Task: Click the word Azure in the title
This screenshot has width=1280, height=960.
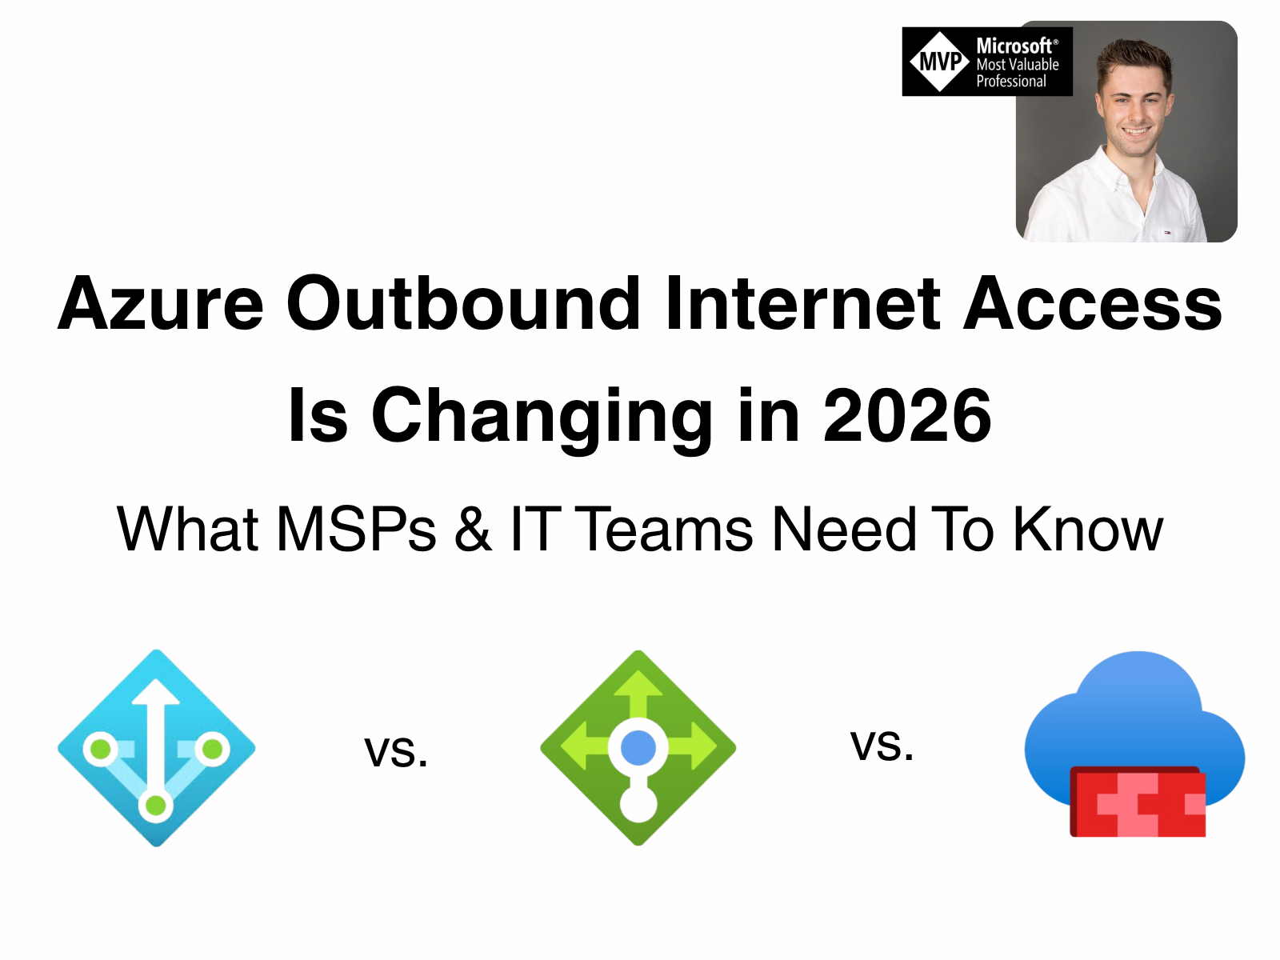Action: pos(161,304)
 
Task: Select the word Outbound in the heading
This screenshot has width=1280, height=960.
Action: pos(463,304)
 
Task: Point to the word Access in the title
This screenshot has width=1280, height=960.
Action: pos(1093,304)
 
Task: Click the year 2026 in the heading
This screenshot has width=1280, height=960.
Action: pos(907,416)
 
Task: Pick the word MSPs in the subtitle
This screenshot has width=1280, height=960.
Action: pos(356,530)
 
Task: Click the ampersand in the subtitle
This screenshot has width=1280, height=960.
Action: pos(473,530)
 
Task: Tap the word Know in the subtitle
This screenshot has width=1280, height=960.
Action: pos(1088,530)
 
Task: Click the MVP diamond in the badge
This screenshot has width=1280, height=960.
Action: pos(939,62)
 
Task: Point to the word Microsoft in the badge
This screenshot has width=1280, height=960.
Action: pos(1014,46)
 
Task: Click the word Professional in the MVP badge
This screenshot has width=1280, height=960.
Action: pos(1011,82)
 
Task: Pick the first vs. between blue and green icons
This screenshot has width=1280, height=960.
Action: pos(396,752)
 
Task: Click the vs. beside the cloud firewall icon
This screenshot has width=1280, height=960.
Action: pos(882,746)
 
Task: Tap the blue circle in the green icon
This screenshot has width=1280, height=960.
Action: pos(638,748)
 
